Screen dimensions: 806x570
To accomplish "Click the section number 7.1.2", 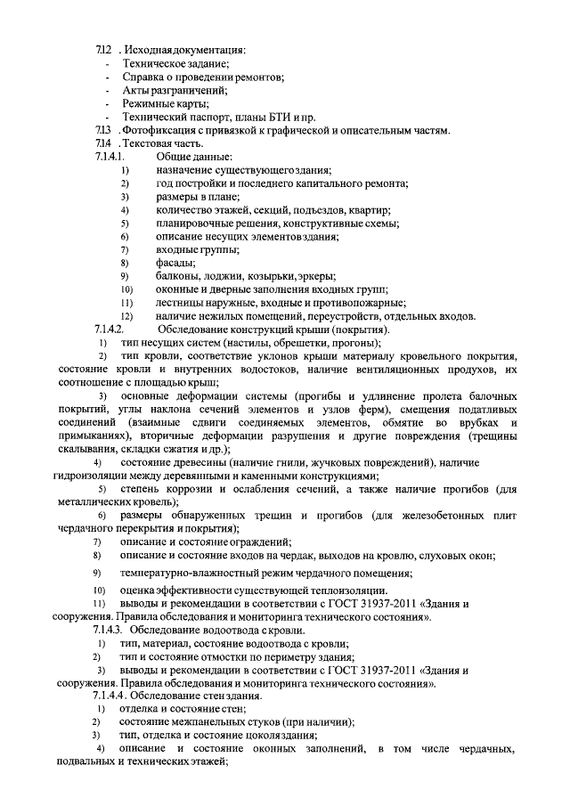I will point(102,49).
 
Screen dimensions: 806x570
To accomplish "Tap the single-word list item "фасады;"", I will point(176,263).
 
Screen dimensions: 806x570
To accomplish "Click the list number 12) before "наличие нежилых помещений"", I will point(126,316).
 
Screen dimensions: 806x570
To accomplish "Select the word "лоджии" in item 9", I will point(223,276).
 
